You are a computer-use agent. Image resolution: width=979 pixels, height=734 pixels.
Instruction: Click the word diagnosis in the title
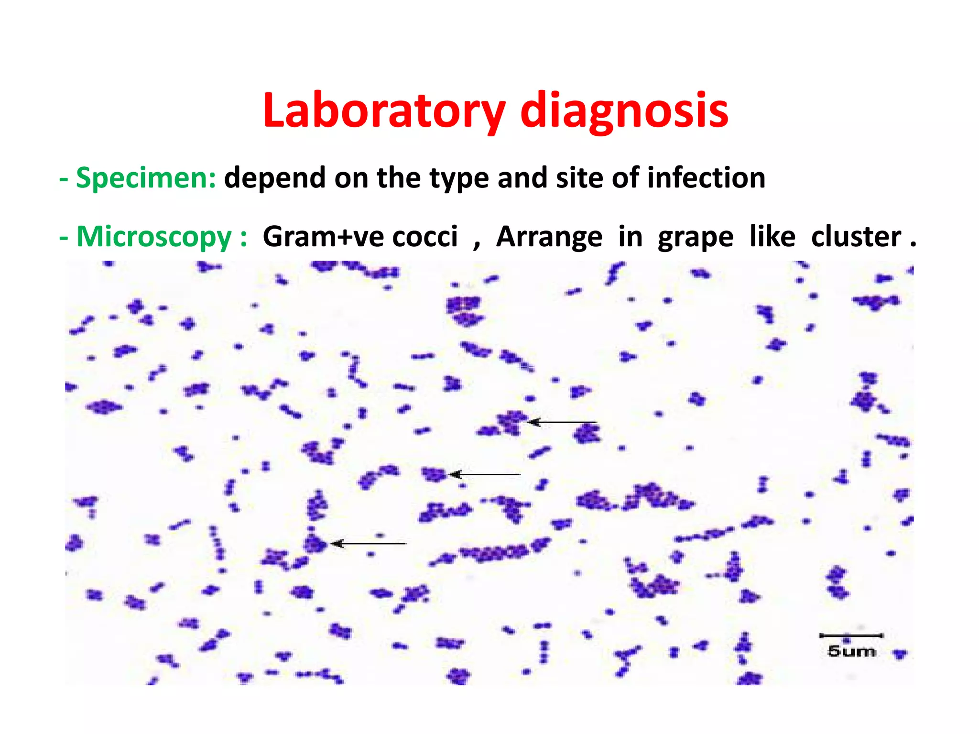(x=624, y=111)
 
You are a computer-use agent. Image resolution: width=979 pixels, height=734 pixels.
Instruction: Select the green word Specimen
(x=146, y=178)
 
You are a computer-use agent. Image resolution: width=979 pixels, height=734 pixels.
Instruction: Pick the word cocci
(x=425, y=237)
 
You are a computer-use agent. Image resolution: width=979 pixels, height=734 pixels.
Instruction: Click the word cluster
(x=856, y=237)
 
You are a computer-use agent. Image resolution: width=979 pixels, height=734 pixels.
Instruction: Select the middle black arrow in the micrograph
(x=485, y=474)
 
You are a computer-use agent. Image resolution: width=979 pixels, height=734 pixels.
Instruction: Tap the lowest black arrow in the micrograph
(x=369, y=544)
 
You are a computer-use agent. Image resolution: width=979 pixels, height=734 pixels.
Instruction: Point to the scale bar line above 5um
(x=851, y=635)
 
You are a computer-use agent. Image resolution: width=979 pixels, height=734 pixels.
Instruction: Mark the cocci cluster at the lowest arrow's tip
(x=315, y=544)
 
